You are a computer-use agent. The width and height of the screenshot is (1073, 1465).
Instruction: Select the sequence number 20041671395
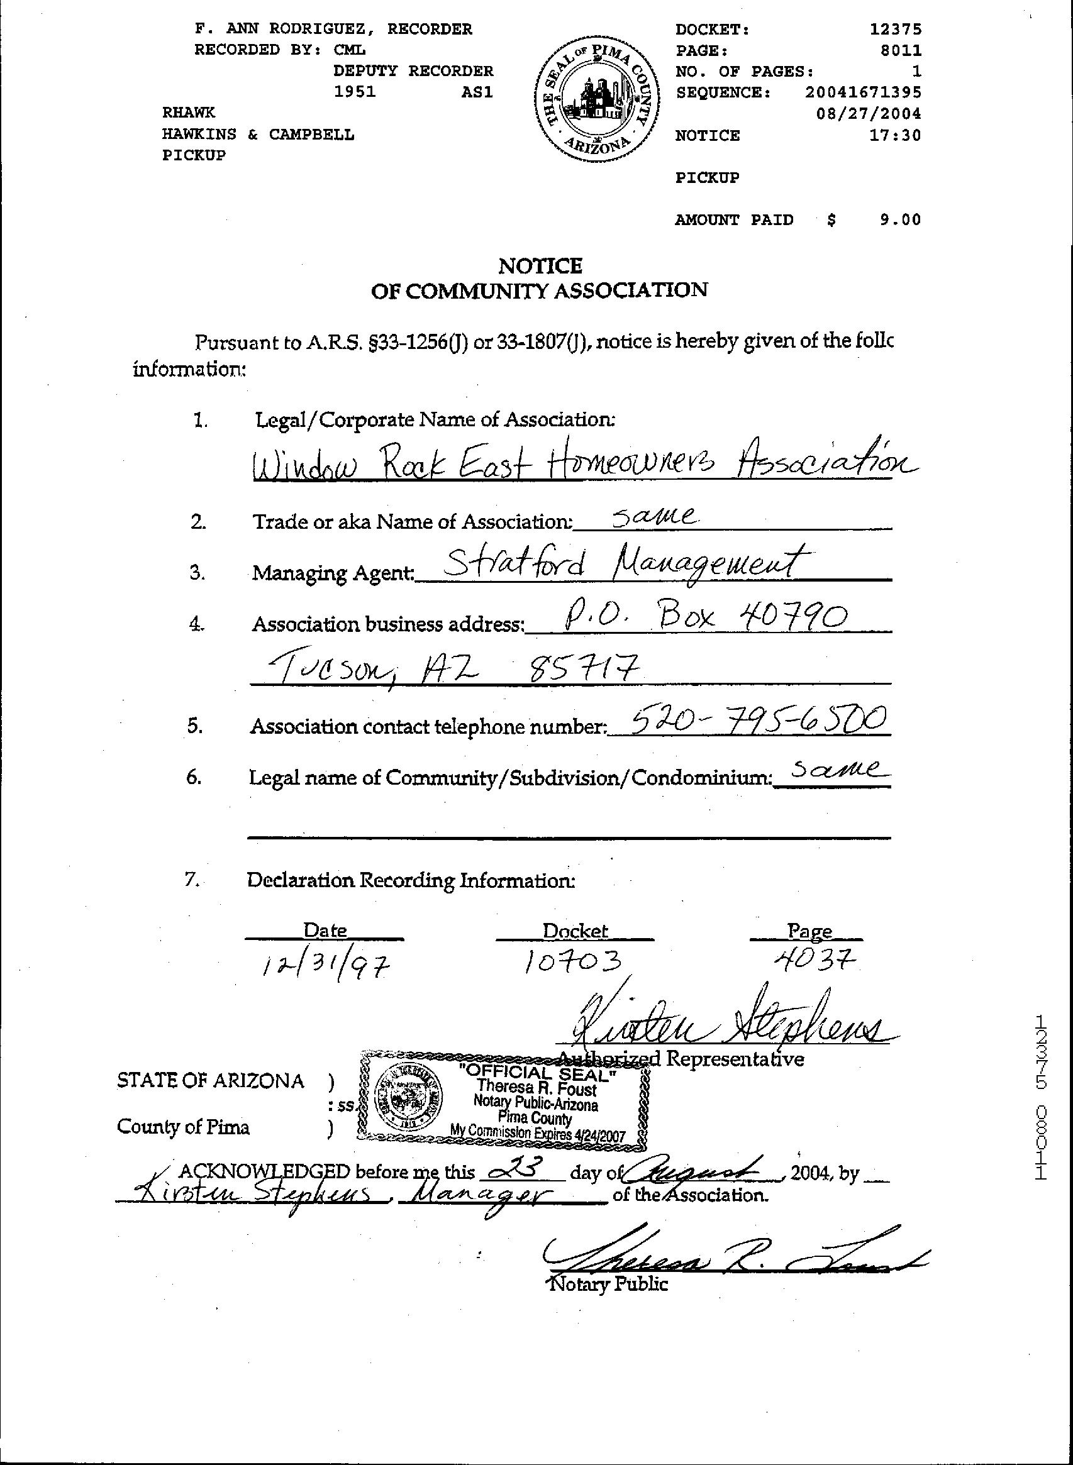[862, 92]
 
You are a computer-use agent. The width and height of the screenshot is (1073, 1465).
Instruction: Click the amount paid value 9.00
[900, 219]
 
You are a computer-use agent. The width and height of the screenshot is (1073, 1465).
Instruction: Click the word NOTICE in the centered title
[540, 265]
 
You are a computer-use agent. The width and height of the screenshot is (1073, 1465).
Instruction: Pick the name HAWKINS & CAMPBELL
[258, 135]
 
